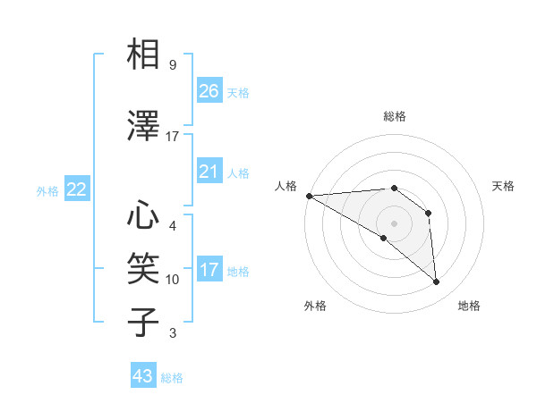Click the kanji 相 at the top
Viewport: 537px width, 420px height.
tap(143, 55)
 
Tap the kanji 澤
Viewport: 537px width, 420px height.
tap(143, 125)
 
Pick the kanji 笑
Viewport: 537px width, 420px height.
tap(143, 268)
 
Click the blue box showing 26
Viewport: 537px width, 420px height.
tap(209, 91)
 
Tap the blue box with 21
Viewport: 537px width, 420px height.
tap(209, 172)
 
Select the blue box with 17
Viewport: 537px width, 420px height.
tap(209, 270)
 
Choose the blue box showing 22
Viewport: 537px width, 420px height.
tap(77, 189)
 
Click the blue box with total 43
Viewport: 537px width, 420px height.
tap(143, 376)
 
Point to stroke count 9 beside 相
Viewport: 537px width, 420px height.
tap(173, 65)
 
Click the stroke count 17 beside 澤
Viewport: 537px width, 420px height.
tap(173, 137)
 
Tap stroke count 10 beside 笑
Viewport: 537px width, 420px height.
tap(173, 280)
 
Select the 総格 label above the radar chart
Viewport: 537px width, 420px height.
tap(395, 116)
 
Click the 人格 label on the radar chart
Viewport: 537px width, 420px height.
tap(286, 185)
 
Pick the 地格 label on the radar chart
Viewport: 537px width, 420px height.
tap(469, 306)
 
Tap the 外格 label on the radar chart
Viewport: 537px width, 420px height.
tap(315, 306)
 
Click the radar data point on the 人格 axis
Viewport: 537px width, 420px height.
tap(309, 195)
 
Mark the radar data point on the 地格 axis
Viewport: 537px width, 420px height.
tap(437, 282)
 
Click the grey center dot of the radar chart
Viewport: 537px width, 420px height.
tap(394, 223)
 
